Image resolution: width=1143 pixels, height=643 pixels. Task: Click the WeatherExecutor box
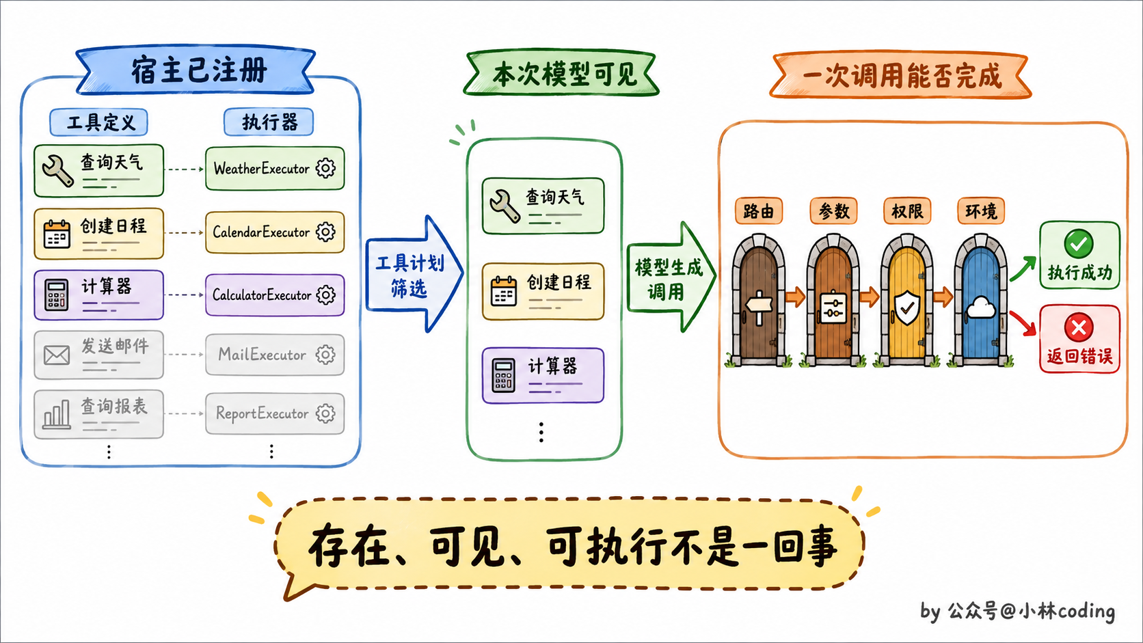(x=275, y=168)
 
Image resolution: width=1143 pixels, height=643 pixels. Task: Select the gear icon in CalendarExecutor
(x=325, y=232)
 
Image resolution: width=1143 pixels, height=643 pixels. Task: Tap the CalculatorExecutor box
(x=275, y=295)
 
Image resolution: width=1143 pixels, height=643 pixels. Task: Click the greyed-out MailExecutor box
(x=275, y=355)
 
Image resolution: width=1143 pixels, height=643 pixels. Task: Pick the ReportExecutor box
(x=275, y=413)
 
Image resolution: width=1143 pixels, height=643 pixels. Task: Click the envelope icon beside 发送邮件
(x=57, y=355)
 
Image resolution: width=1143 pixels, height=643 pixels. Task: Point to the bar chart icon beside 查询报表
(x=56, y=414)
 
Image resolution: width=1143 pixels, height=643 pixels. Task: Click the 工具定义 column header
(x=99, y=122)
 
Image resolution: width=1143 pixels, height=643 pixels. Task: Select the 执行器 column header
(x=269, y=122)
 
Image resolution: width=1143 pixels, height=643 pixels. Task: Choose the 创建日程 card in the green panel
(x=543, y=291)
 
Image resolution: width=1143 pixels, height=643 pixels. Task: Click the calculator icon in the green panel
(x=503, y=376)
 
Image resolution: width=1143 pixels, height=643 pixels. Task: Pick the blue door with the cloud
(x=980, y=301)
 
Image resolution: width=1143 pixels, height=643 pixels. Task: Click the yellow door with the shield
(x=906, y=301)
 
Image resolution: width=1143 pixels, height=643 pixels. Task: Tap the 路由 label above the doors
(x=759, y=210)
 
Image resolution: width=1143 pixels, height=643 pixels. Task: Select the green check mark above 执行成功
(x=1079, y=243)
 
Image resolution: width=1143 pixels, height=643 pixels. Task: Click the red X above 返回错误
(x=1079, y=327)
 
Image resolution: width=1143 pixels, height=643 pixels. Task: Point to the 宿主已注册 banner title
(x=199, y=70)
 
